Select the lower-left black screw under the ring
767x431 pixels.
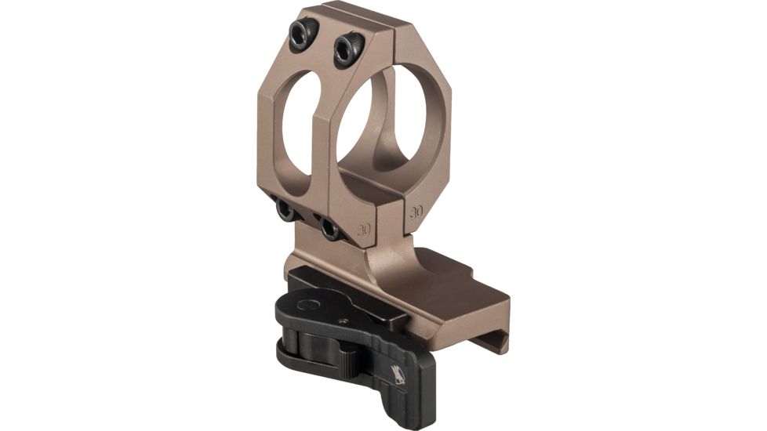pyautogui.click(x=286, y=210)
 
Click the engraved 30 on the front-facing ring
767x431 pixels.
pyautogui.click(x=363, y=230)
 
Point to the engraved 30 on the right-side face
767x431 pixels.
pyautogui.click(x=416, y=211)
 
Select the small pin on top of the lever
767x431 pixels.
pyautogui.click(x=343, y=321)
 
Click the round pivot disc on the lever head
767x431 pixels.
pyautogui.click(x=308, y=304)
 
